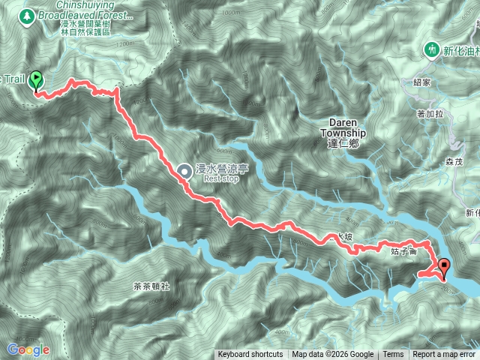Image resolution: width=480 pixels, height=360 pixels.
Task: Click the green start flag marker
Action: [x=35, y=84]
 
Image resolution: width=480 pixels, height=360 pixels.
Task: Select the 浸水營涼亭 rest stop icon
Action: [x=184, y=172]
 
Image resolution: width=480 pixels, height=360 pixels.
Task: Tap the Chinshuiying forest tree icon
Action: [x=28, y=14]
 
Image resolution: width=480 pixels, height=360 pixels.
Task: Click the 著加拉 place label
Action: [x=430, y=113]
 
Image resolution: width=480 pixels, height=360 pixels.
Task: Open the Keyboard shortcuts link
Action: [x=250, y=355]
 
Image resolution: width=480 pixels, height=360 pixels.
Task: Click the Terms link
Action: [x=393, y=355]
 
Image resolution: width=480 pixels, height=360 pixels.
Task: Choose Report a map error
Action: [x=444, y=355]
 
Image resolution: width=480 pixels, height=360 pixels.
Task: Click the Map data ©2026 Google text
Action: [x=332, y=355]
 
